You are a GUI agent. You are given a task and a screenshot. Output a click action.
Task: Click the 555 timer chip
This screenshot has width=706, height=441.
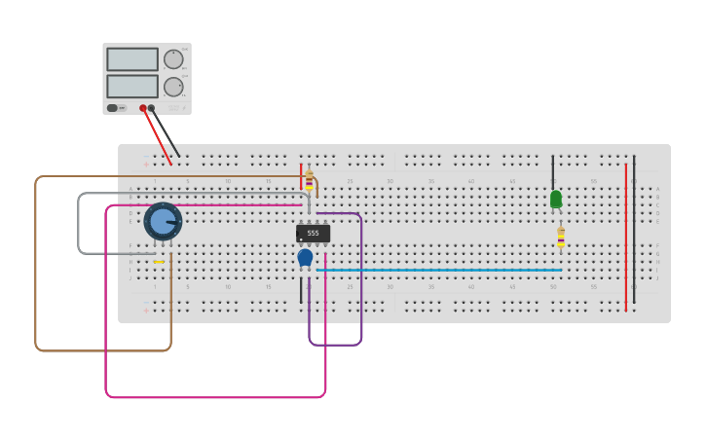coord(313,234)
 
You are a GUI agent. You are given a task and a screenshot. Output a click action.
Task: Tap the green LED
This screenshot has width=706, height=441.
coord(556,199)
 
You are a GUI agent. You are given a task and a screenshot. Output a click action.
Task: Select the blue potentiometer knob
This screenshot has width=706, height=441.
coord(163,222)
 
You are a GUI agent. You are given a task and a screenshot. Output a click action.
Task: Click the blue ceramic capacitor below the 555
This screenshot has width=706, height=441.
coord(305,257)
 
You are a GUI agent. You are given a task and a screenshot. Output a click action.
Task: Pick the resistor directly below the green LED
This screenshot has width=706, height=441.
coord(561,237)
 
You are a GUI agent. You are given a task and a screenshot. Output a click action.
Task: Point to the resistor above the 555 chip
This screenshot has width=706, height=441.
coord(310,180)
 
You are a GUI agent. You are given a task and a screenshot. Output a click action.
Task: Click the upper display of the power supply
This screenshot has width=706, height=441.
coord(132,59)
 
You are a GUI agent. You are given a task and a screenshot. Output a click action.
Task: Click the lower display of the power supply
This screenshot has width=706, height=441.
coord(132,87)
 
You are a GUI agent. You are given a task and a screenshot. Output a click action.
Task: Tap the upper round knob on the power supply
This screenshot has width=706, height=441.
coord(173,59)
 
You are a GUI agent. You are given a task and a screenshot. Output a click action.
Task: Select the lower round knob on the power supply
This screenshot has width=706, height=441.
coord(173,87)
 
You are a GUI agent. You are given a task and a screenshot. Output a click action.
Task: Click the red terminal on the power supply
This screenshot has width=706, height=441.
coord(143,108)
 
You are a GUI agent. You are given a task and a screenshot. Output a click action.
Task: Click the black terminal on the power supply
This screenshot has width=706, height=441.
coord(151,108)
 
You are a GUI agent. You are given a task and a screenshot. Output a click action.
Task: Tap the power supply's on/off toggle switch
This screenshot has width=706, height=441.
coord(112,108)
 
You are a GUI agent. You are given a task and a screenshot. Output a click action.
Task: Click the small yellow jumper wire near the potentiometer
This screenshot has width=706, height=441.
coord(158,262)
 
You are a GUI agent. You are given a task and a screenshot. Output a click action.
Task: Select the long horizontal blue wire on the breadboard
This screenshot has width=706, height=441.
coord(438,270)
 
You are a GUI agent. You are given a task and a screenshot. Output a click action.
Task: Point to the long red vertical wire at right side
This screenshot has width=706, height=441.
coord(626,234)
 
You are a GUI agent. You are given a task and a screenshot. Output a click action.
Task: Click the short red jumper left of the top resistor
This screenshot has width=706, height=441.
coord(301,176)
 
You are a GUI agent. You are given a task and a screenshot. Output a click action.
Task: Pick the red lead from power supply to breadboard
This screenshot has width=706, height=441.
coord(158,137)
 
